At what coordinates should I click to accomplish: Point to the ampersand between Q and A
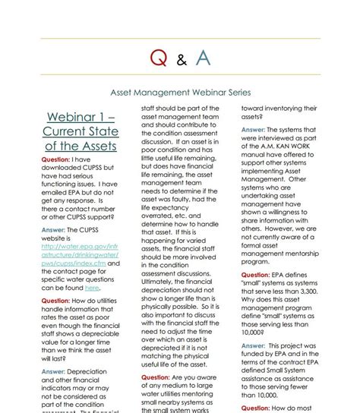(180, 60)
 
